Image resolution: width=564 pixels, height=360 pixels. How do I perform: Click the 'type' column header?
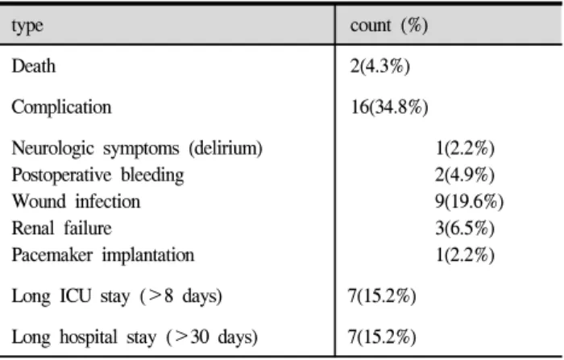coord(27,27)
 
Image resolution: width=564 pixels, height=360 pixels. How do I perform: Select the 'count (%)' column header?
coord(389,25)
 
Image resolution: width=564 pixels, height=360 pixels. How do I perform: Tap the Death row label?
coord(34,66)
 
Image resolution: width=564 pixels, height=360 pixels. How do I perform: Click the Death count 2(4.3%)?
coord(379,66)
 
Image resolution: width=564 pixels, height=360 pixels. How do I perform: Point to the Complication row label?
coord(61,107)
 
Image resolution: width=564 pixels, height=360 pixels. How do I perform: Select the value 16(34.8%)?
coord(389,107)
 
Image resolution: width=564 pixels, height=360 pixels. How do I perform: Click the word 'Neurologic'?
coord(52,148)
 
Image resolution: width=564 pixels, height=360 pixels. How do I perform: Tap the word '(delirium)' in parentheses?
coord(226,148)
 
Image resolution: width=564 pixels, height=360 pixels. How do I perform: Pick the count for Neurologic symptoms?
coord(465,148)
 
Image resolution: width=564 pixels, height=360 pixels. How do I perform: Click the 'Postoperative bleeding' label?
coord(97,175)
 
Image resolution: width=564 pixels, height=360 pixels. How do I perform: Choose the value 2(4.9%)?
coord(465,175)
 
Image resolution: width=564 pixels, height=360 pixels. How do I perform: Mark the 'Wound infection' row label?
coord(76,201)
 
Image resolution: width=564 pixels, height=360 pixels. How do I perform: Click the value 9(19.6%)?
coord(470,201)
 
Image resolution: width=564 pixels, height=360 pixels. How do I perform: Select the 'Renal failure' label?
coord(61,228)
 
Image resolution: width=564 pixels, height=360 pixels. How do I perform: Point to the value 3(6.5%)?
coord(465,228)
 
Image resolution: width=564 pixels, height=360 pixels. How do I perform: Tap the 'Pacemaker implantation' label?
coord(103,255)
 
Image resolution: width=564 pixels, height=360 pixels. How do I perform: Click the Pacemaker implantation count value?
coord(465,255)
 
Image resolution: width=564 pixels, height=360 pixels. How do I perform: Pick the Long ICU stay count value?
coord(382,296)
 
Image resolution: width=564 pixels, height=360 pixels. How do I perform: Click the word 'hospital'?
coord(89,337)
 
